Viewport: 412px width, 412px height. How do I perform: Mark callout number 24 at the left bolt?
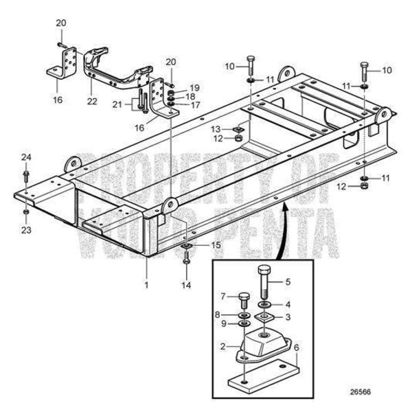pyautogui.click(x=26, y=157)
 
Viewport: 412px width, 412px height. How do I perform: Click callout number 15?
pyautogui.click(x=215, y=245)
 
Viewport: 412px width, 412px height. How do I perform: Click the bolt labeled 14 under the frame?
pyautogui.click(x=187, y=259)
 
